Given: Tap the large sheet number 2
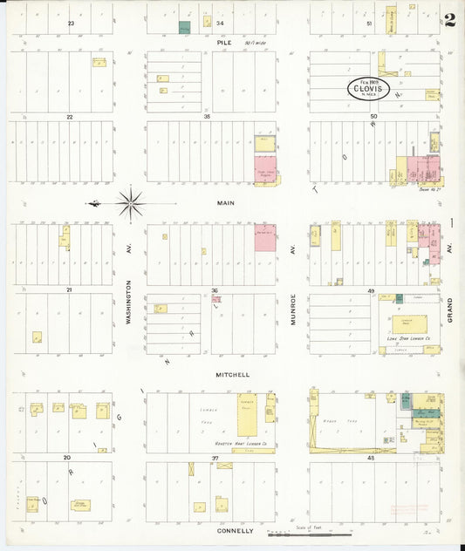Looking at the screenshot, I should tap(448, 20).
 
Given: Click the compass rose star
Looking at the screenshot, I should tap(131, 205).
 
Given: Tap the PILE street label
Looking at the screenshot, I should tap(225, 41).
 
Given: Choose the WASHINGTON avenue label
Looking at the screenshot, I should tap(127, 302).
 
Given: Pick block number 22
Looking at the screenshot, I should tap(69, 116).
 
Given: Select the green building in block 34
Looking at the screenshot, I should tap(184, 27).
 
